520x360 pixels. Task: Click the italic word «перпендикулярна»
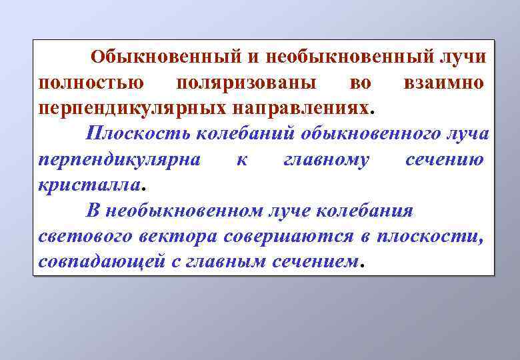click(x=115, y=159)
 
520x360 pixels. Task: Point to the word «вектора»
click(x=181, y=236)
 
